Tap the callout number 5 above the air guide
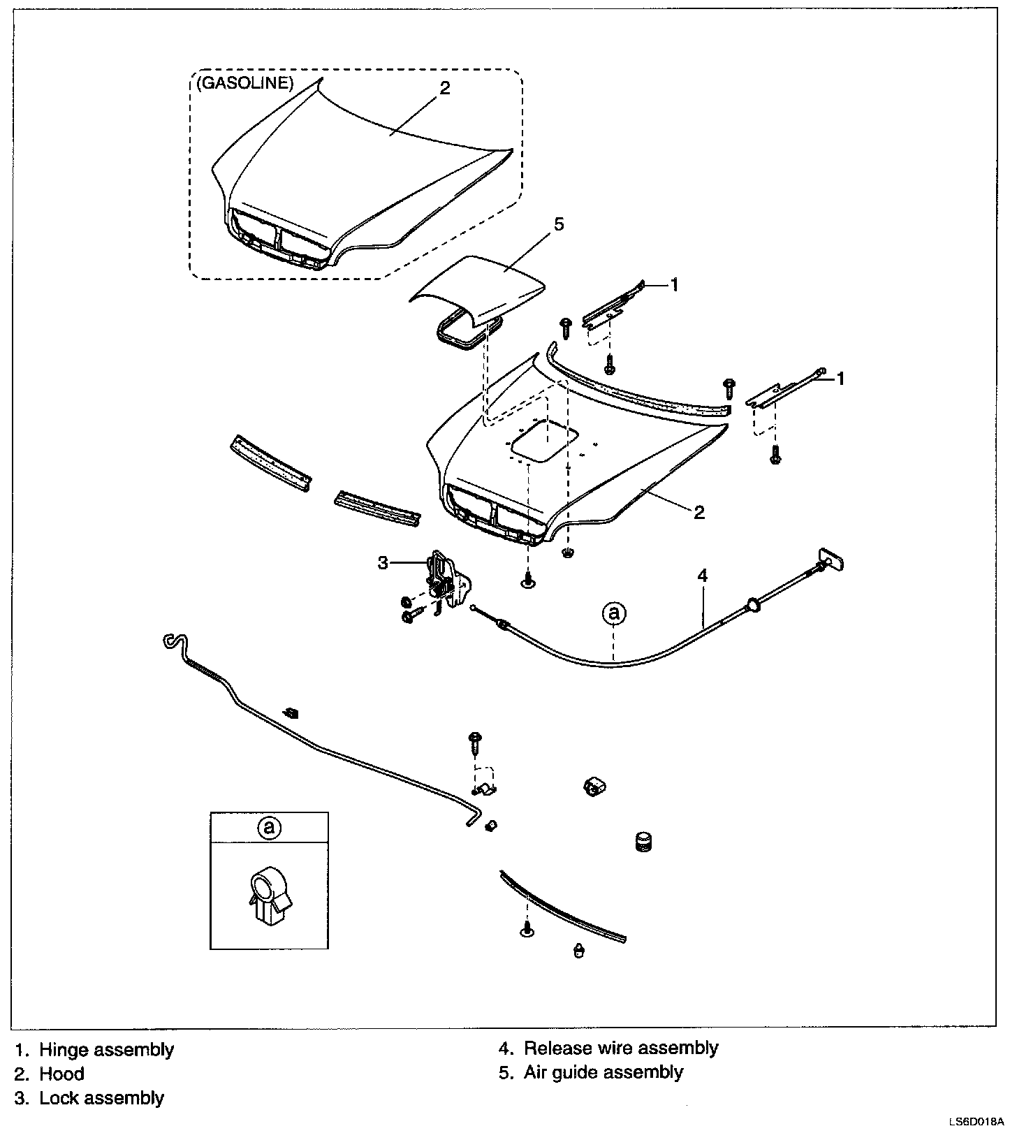558,224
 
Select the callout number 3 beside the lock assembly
383,562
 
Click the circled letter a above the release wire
614,613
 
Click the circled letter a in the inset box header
269,828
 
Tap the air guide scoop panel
482,286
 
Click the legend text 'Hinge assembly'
106,1049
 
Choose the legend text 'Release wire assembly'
620,1048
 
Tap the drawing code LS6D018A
976,1123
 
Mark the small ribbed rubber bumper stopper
643,841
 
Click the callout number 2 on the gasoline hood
445,88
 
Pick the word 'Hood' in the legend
61,1074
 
